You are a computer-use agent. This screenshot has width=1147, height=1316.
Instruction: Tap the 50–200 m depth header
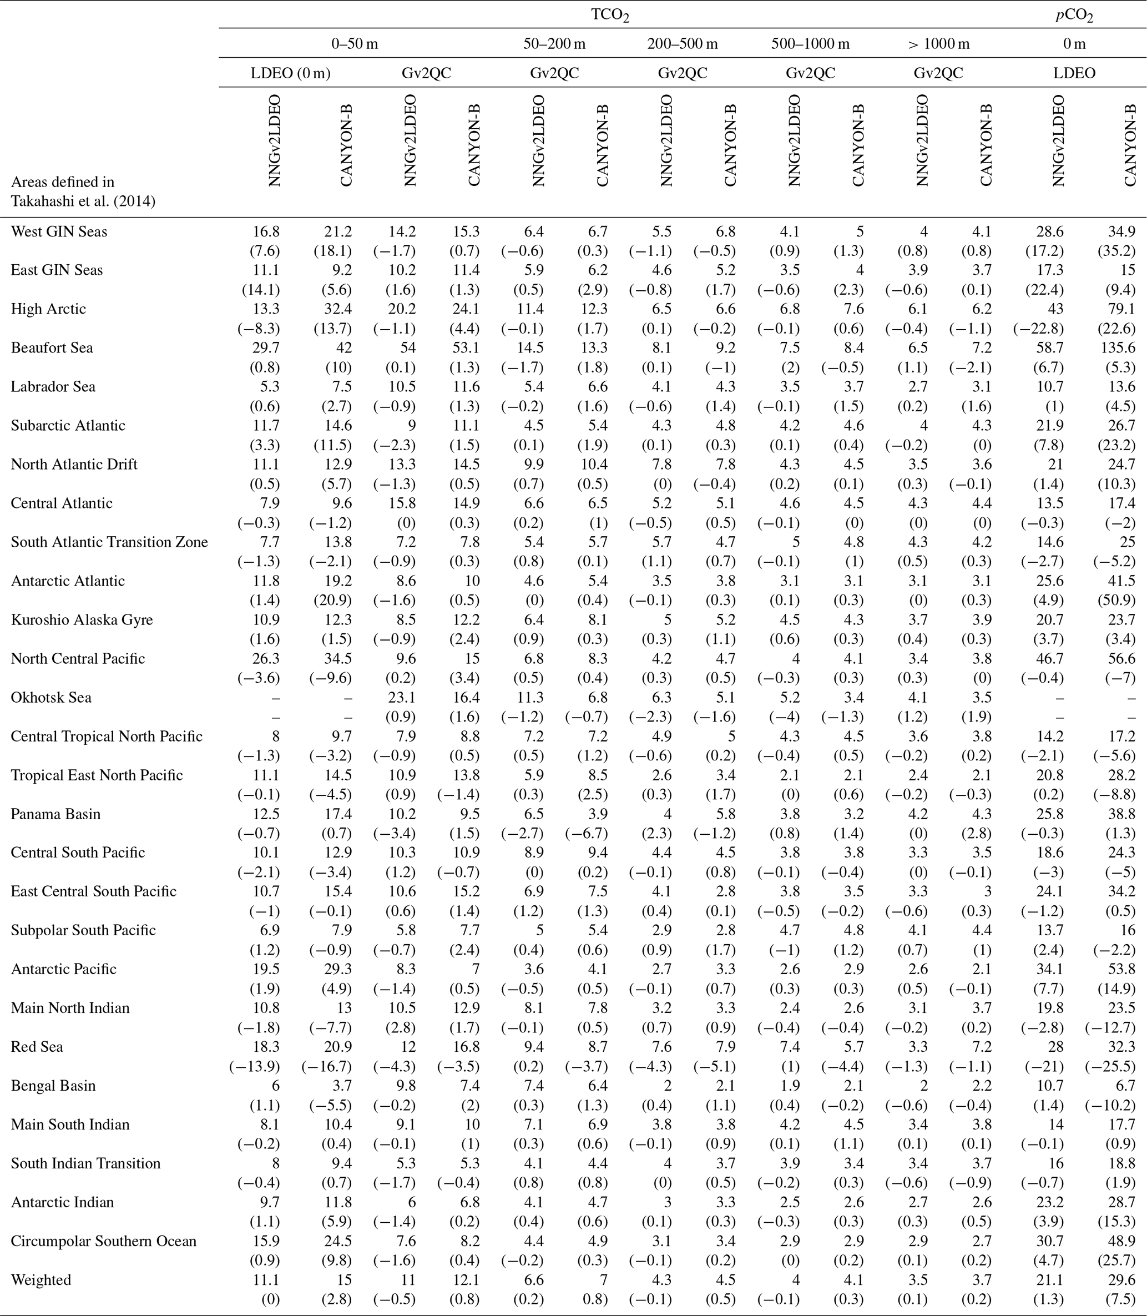(554, 43)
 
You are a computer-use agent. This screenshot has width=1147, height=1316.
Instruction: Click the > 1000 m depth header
(938, 43)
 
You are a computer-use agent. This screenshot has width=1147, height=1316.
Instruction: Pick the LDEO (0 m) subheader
(290, 73)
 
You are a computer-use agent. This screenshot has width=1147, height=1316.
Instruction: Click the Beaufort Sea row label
(52, 348)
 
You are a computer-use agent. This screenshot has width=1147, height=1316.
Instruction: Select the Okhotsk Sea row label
(51, 698)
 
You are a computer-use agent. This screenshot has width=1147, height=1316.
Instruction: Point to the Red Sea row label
(37, 1046)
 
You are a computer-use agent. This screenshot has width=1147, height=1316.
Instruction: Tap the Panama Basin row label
(55, 814)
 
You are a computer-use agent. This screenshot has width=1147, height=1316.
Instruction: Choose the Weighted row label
(41, 1279)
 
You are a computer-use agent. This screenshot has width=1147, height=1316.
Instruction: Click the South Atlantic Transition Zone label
(109, 542)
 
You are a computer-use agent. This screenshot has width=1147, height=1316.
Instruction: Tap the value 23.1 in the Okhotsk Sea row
(403, 698)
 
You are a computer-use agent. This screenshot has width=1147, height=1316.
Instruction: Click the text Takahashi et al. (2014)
(83, 201)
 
